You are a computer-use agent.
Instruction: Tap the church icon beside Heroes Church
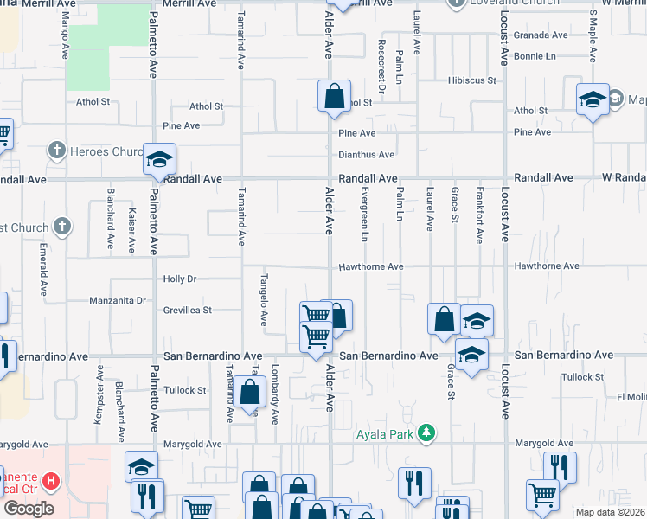(x=57, y=151)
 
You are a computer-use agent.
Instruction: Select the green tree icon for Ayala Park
(x=426, y=432)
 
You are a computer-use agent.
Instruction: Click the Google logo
(x=28, y=509)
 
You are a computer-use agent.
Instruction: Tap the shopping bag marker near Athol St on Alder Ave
(x=333, y=97)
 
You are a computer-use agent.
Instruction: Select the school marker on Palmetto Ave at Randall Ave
(x=159, y=158)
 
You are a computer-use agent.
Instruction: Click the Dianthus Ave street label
(x=366, y=155)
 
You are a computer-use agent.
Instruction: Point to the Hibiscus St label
(x=471, y=80)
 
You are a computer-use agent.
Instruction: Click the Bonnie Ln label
(x=535, y=55)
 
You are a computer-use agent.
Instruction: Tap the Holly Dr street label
(x=181, y=279)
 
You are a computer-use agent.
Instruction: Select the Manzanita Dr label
(x=118, y=301)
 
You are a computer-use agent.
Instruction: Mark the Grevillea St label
(x=188, y=309)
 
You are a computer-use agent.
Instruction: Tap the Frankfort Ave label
(x=478, y=214)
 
